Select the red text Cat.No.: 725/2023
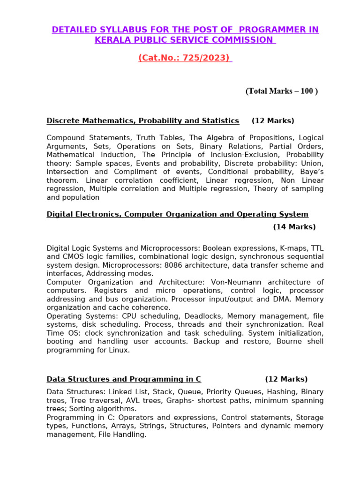185,58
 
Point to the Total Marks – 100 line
281,91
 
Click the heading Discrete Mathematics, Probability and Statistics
142,121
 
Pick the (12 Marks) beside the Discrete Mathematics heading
273,121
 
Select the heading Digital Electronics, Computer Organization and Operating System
177,214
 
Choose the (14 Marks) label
294,227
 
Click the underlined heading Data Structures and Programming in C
124,379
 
